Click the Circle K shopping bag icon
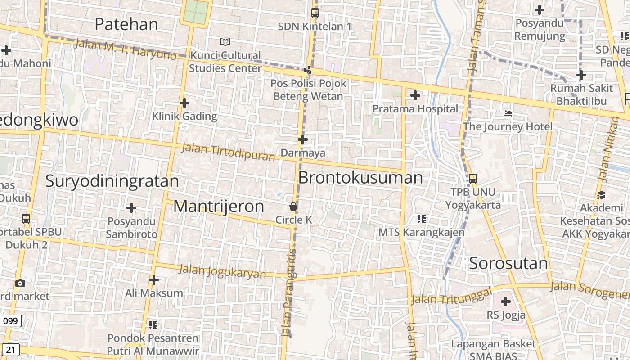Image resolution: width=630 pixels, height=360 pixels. [x=293, y=207]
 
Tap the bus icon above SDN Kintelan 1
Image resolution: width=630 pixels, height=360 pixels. [x=315, y=13]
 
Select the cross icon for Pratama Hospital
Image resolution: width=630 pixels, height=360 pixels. [x=415, y=95]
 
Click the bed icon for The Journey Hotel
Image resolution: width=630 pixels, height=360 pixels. [x=508, y=113]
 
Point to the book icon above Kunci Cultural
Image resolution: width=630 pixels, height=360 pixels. [x=225, y=42]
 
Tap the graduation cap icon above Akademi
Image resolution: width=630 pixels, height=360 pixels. [x=601, y=195]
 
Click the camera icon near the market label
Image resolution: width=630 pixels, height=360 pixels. [x=20, y=283]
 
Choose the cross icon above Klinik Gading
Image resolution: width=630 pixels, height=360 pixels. [x=184, y=103]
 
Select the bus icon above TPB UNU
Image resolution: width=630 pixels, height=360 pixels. [x=473, y=178]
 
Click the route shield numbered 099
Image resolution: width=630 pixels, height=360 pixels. [x=10, y=321]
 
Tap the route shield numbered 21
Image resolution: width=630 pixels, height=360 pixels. [x=11, y=349]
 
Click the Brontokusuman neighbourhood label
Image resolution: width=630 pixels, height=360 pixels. [x=360, y=178]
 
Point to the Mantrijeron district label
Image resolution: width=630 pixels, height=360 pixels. [x=219, y=206]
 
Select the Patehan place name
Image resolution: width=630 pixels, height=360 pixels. [x=126, y=24]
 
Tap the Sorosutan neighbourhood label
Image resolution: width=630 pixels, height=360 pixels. [x=508, y=263]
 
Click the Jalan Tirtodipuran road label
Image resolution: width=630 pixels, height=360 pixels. [x=228, y=152]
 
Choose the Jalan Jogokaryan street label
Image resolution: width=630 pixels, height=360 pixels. [x=222, y=271]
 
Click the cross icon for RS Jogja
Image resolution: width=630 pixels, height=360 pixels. [x=506, y=301]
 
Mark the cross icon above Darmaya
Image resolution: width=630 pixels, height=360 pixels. [x=303, y=139]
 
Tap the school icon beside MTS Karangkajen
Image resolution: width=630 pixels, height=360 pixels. [x=422, y=219]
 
